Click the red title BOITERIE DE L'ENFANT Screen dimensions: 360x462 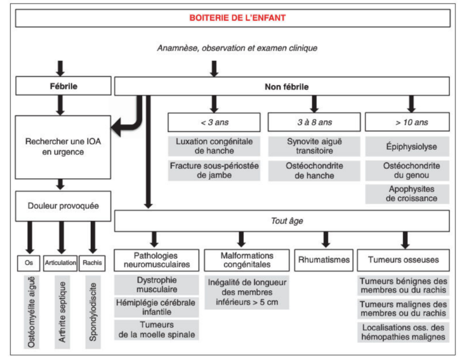point(238,18)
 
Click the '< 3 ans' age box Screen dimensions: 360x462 point(214,122)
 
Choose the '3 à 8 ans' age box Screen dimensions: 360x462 point(314,122)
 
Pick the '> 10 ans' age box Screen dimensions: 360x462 point(411,122)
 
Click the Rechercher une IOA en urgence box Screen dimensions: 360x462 point(62,147)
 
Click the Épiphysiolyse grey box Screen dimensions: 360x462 point(411,146)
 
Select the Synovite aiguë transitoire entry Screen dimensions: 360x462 point(314,146)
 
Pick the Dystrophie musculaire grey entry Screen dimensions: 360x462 point(156,285)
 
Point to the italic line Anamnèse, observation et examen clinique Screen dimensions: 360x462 point(237,48)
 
